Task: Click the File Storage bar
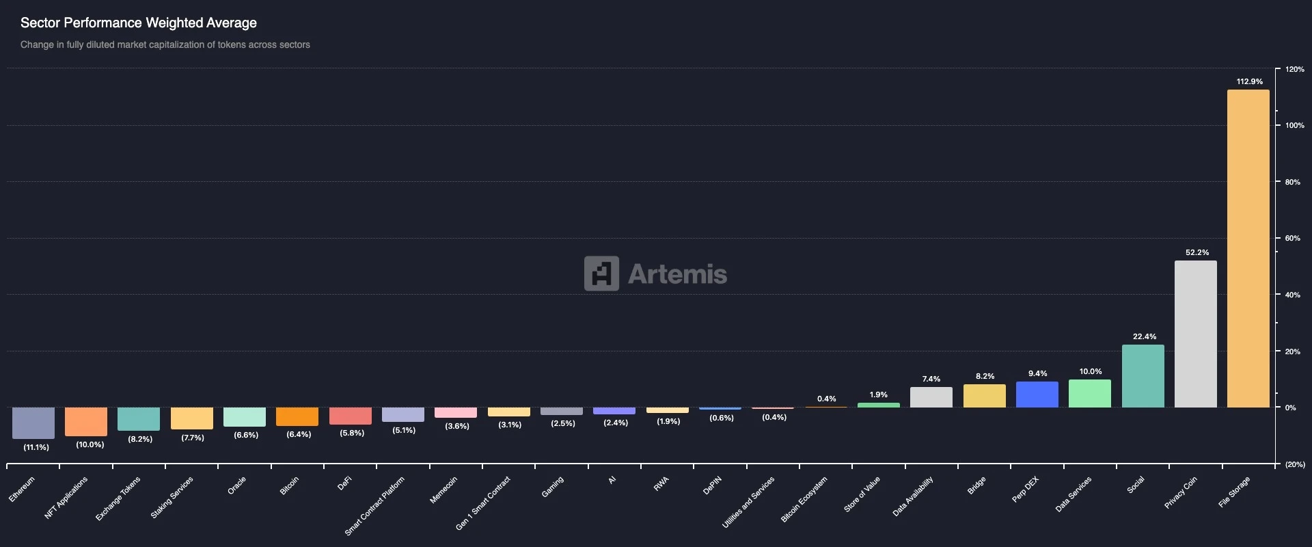click(x=1248, y=249)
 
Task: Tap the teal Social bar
click(x=1143, y=376)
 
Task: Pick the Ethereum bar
click(x=33, y=423)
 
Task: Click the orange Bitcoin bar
click(x=297, y=416)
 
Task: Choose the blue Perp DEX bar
click(x=1037, y=395)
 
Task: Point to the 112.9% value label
click(x=1249, y=81)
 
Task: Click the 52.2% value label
click(x=1197, y=252)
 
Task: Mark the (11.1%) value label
click(x=36, y=447)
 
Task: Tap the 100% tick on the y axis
click(x=1294, y=126)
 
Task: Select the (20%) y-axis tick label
click(x=1294, y=465)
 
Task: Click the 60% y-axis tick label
click(x=1292, y=239)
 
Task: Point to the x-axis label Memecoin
click(x=443, y=490)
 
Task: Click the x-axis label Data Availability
click(x=913, y=496)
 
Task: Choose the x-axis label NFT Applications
click(x=66, y=497)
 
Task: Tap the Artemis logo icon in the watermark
click(x=601, y=273)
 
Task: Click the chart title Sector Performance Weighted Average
click(x=139, y=23)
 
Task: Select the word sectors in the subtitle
click(x=295, y=44)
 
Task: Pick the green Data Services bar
click(x=1089, y=394)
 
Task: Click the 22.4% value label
click(x=1144, y=336)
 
